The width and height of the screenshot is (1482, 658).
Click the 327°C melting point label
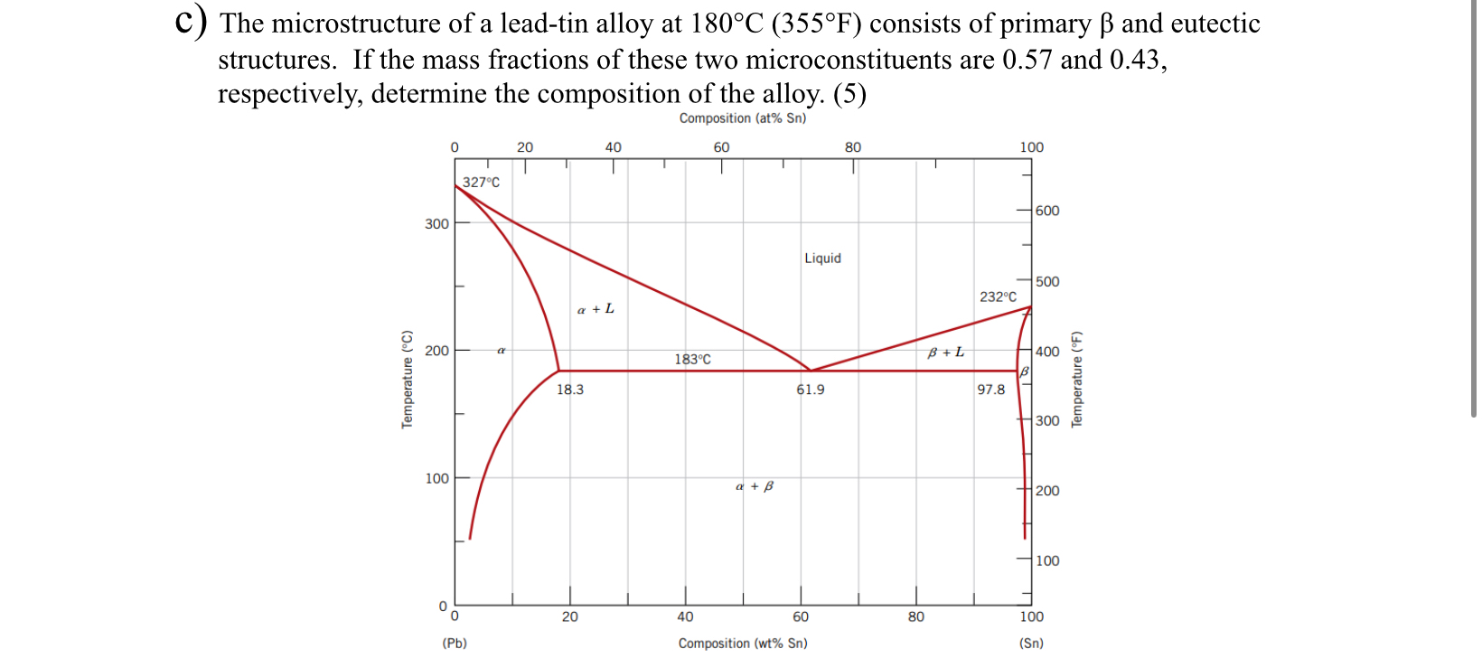pyautogui.click(x=481, y=183)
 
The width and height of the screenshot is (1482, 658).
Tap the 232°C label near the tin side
pyautogui.click(x=998, y=296)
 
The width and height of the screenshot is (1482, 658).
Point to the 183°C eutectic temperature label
pyautogui.click(x=692, y=360)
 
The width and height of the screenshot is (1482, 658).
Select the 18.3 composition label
pyautogui.click(x=569, y=390)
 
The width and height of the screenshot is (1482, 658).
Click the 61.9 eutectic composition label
pyautogui.click(x=810, y=390)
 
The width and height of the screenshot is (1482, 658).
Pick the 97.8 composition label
pyautogui.click(x=990, y=390)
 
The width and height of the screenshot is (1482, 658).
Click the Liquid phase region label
pyautogui.click(x=822, y=258)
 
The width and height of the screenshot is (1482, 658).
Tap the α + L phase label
pyautogui.click(x=596, y=309)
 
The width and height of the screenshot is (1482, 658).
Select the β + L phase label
pyautogui.click(x=945, y=352)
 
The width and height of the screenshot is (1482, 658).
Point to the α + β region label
pyautogui.click(x=755, y=486)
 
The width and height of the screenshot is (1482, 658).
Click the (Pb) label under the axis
pyautogui.click(x=455, y=644)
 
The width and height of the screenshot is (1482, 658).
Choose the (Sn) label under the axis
pyautogui.click(x=1031, y=644)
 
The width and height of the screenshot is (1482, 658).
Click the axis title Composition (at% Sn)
pyautogui.click(x=742, y=118)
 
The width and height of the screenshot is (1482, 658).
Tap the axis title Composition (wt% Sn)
pyautogui.click(x=743, y=644)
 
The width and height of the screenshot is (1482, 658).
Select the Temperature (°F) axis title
pyautogui.click(x=1076, y=379)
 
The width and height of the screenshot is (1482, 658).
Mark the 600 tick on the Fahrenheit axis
pyautogui.click(x=1047, y=211)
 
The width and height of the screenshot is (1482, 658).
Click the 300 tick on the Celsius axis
pyautogui.click(x=436, y=224)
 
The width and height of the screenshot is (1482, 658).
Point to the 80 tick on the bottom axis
pyautogui.click(x=916, y=616)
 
